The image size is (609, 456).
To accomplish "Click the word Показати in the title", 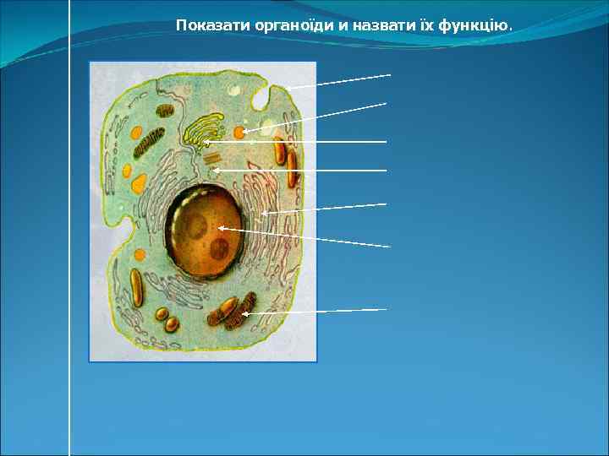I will [x=205, y=25].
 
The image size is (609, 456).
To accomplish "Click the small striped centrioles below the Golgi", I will [x=211, y=156].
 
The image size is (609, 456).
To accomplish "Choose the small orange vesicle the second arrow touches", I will [x=240, y=133].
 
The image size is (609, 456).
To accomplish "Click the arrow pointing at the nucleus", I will [x=304, y=237].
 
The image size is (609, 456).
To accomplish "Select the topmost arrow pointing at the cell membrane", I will [x=338, y=81].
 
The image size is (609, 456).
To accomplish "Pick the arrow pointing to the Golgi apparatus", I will [x=296, y=142].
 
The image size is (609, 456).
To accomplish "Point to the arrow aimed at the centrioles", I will [x=300, y=171].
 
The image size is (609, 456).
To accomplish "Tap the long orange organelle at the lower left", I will [x=134, y=290].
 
